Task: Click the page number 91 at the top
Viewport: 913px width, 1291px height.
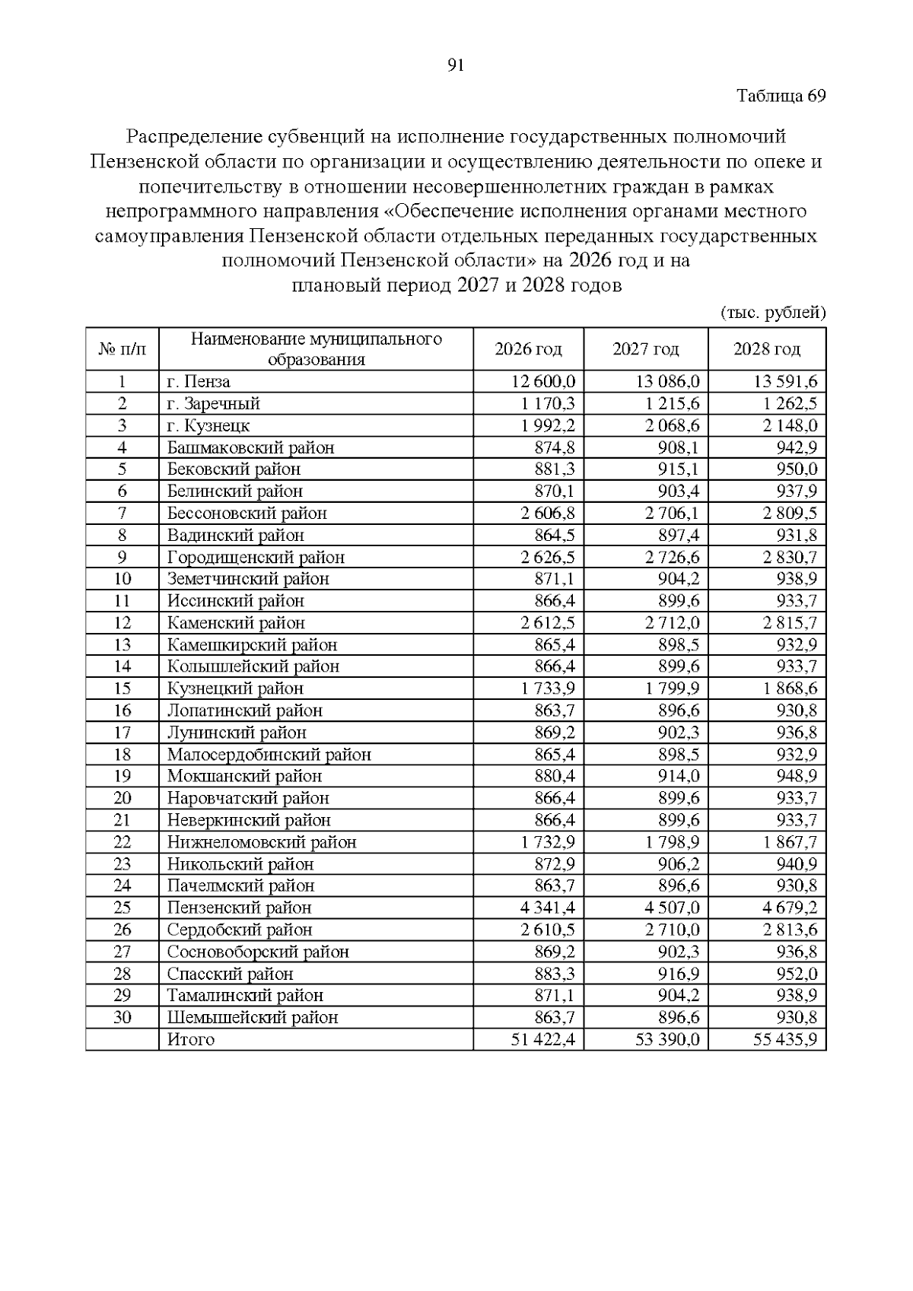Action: pos(456,65)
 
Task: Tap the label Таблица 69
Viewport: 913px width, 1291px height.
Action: pos(781,97)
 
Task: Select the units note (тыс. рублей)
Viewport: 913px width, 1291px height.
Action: pos(772,313)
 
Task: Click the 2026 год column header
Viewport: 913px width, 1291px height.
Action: pos(528,349)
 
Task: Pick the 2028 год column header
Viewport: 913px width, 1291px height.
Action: pos(766,349)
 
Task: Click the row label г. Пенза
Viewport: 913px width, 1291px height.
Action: pos(199,382)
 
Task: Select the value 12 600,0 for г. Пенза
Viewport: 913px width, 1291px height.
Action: pos(543,382)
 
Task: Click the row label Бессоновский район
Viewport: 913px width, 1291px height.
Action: pos(247,514)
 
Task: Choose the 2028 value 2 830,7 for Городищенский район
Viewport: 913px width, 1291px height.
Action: pos(790,558)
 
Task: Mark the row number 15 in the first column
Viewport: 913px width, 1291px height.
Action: pos(122,689)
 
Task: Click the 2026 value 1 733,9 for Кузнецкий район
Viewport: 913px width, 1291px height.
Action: pos(548,689)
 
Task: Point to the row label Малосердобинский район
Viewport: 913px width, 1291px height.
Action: pos(269,755)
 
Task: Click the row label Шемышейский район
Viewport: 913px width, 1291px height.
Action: pos(252,1018)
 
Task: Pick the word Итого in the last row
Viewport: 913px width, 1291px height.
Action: pos(190,1040)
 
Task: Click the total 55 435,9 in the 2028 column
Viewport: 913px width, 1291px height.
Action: pos(785,1040)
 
